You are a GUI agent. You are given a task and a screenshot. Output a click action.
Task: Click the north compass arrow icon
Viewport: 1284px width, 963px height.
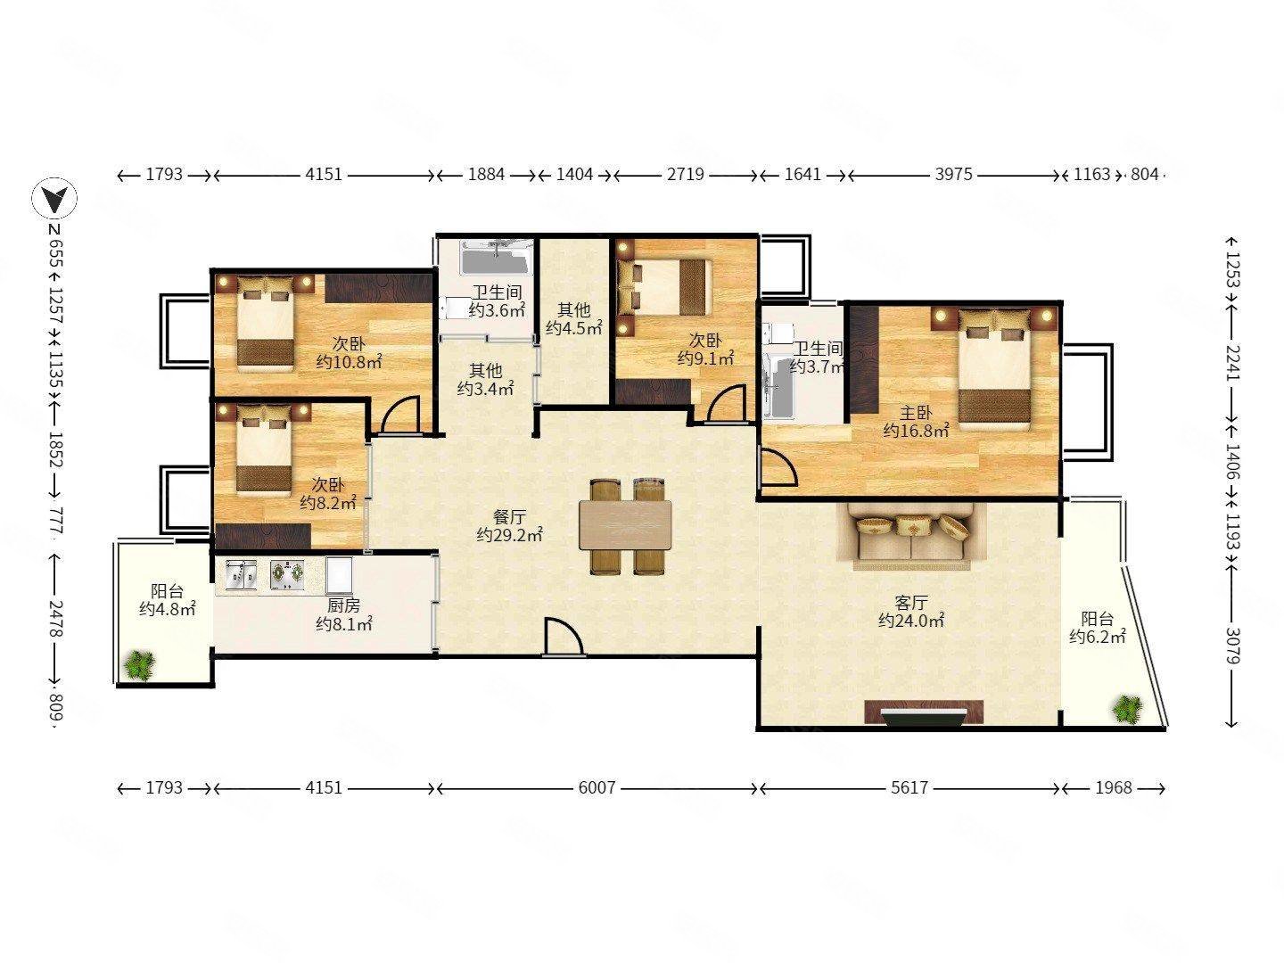[53, 198]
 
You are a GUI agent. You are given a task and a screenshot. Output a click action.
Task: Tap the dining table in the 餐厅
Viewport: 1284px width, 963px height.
[625, 524]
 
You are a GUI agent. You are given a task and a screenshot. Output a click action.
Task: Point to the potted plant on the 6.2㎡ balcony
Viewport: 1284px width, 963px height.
[1127, 709]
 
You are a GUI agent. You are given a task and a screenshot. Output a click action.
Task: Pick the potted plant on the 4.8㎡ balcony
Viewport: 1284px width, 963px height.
[140, 665]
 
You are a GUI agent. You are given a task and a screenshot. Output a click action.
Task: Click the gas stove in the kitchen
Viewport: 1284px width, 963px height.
[286, 575]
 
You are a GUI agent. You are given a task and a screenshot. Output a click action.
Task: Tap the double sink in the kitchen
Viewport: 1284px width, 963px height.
[241, 575]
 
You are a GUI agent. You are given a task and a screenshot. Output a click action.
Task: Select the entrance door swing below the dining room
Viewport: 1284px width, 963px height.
[564, 637]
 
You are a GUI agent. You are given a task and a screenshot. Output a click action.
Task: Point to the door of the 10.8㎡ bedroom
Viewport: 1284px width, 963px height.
[400, 416]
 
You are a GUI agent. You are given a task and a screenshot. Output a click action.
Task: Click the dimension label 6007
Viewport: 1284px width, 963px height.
[597, 787]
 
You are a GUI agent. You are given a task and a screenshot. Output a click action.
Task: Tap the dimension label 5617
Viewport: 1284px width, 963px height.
[909, 787]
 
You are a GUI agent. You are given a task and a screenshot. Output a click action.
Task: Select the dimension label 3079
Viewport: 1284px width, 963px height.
[1232, 646]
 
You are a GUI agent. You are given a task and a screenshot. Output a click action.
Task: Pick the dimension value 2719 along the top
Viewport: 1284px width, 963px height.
[685, 174]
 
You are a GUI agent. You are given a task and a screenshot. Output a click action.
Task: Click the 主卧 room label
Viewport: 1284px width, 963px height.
[916, 413]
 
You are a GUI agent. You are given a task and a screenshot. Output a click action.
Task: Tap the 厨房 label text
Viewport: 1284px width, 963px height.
[344, 605]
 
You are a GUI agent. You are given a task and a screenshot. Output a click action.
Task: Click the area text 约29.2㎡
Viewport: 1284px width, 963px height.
[509, 534]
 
